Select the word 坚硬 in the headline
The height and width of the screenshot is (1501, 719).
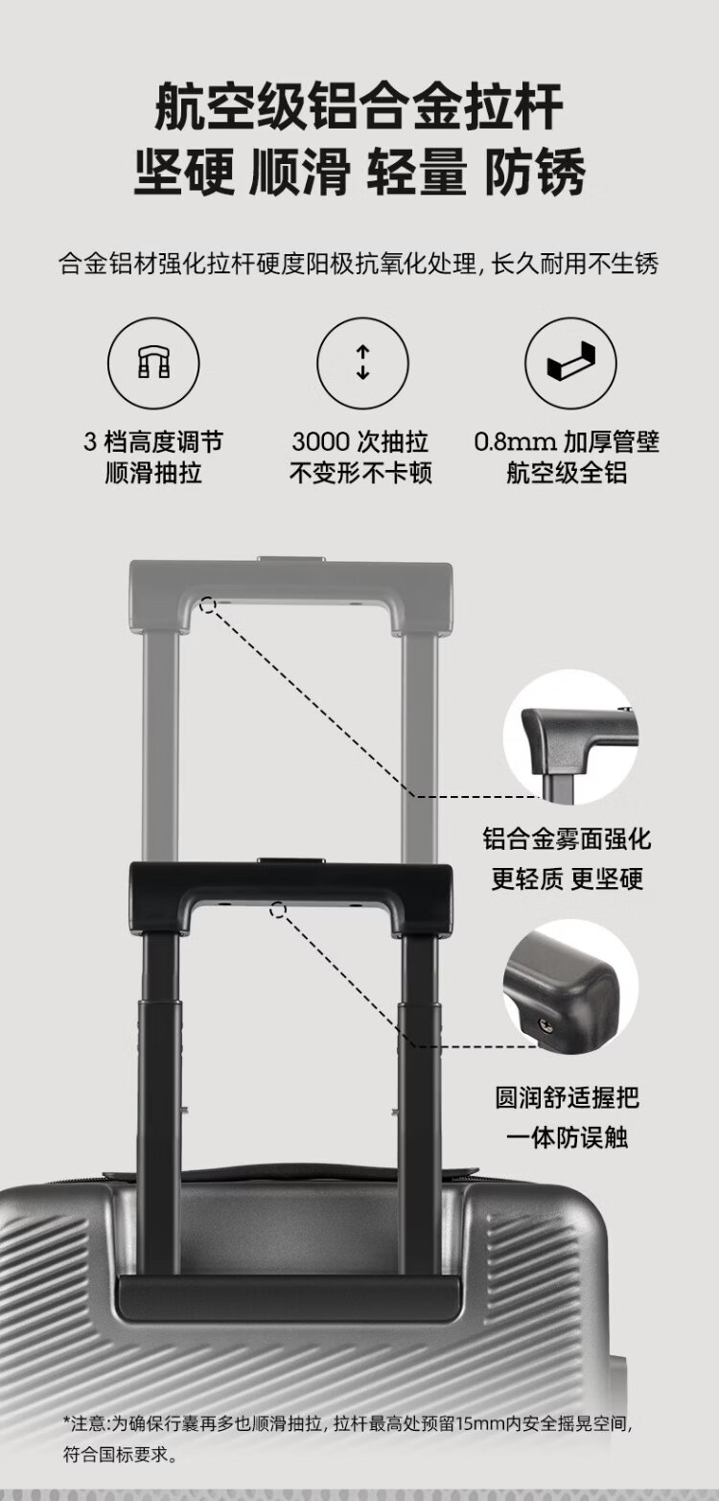tap(184, 172)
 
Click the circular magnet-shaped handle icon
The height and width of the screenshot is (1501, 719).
tap(153, 364)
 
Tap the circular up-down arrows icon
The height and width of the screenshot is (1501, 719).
tap(362, 364)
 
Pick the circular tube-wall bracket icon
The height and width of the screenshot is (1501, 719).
tap(570, 364)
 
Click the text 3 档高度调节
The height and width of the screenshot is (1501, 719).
tap(153, 442)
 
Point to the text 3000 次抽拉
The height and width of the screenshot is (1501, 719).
tap(359, 442)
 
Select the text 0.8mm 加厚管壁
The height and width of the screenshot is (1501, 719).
tap(567, 442)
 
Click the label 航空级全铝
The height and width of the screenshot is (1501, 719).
tap(567, 473)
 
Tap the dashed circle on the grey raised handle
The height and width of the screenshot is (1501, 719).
tap(208, 606)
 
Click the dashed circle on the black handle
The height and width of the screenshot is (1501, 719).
tap(278, 909)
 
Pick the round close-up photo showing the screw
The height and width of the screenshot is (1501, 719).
tap(570, 986)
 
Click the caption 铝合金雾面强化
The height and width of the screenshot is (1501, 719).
tap(567, 839)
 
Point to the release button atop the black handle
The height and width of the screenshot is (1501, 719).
tap(290, 860)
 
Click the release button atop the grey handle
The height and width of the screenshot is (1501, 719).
tap(290, 559)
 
